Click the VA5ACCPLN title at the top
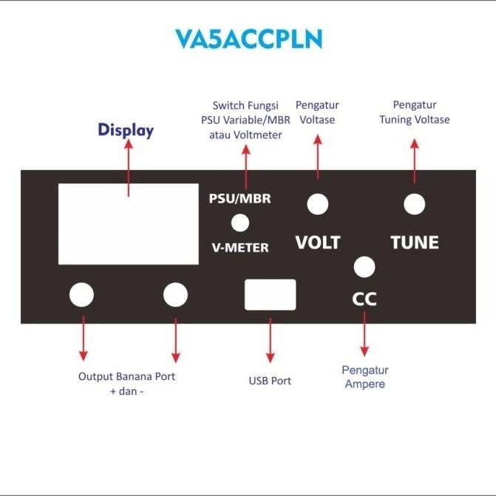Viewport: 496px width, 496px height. pos(248,38)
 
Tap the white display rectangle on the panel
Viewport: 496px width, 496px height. pos(129,223)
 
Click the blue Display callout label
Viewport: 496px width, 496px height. pos(126,131)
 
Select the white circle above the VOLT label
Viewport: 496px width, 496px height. pos(318,205)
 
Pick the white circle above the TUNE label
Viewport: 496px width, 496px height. pos(414,204)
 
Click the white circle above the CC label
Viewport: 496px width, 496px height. pos(364,266)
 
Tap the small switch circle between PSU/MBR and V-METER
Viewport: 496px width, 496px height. pos(240,222)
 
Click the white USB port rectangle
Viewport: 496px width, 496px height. pos(270,294)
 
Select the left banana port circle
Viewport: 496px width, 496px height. pos(81,294)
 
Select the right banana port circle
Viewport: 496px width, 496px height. pos(175,294)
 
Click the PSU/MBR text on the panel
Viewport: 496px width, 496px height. pos(239,200)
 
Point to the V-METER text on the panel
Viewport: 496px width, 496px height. pos(239,248)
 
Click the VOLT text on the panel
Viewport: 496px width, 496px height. pos(318,242)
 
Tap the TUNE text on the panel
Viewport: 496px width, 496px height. pos(414,242)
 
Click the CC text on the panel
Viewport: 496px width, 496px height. pos(364,299)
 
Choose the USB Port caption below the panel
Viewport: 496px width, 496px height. pos(270,381)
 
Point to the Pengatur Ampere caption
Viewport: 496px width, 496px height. pos(364,377)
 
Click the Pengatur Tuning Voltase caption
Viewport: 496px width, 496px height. pos(414,112)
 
